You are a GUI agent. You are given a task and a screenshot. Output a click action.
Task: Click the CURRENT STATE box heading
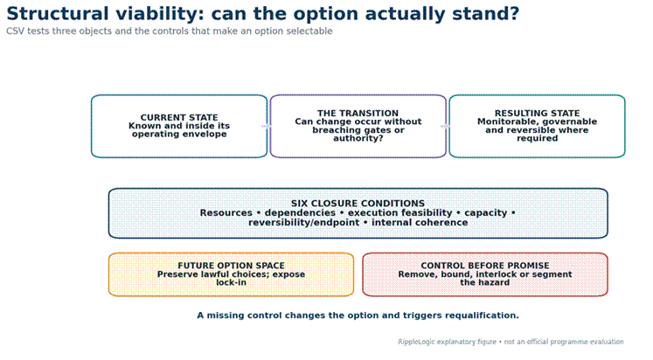(x=179, y=117)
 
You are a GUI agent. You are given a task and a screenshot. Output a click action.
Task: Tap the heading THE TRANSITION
(x=358, y=114)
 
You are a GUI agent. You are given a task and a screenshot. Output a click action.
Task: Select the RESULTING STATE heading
(x=537, y=114)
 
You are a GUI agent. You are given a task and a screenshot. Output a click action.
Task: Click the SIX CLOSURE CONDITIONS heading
(x=358, y=203)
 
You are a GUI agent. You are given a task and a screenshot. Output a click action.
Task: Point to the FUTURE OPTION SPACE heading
(x=231, y=266)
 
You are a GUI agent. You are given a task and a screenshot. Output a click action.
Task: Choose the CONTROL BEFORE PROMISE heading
(x=485, y=266)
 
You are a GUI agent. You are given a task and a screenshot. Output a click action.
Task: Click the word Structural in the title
(x=58, y=13)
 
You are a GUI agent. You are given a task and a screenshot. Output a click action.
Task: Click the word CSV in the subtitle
(x=15, y=31)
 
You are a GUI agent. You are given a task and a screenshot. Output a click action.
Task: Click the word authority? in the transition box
(x=358, y=138)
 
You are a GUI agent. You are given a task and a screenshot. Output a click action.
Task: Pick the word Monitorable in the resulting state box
(x=503, y=121)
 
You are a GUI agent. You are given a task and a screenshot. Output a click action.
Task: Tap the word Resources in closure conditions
(x=226, y=213)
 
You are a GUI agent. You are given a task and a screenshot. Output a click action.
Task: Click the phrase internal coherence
(x=420, y=223)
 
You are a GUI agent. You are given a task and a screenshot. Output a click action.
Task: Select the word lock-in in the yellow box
(x=231, y=282)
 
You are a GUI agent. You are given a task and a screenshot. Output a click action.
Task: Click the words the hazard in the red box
(x=485, y=282)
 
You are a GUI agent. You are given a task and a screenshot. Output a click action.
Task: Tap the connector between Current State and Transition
(x=267, y=126)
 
